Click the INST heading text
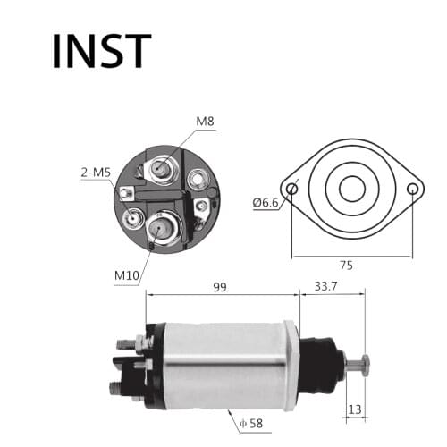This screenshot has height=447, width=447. (101, 51)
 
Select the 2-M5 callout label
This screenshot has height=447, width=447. (96, 172)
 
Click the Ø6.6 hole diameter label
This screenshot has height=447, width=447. (266, 203)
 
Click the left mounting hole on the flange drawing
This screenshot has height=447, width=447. (291, 189)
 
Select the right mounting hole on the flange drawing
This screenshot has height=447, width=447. (412, 189)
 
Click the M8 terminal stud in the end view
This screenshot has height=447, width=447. (162, 167)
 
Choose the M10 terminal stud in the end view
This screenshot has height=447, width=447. (159, 226)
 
